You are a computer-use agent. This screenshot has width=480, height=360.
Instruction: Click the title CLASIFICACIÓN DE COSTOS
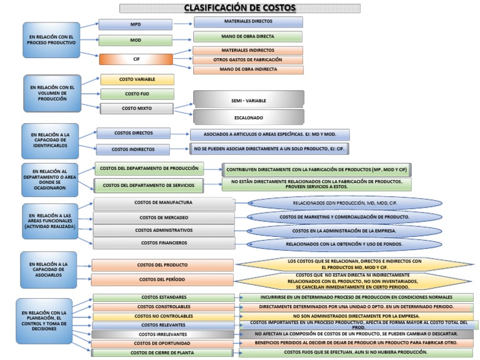pos(240,8)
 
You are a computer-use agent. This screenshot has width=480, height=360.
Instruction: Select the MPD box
pos(136,24)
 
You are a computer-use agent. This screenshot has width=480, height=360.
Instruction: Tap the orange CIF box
pos(136,59)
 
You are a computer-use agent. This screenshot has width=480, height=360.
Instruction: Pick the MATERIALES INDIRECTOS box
pos(247,50)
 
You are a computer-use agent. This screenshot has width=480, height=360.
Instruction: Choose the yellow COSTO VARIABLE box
pos(137,79)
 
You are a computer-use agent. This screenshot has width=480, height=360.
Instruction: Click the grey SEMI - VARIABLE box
pos(248,99)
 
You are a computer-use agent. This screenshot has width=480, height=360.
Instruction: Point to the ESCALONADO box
pos(248,117)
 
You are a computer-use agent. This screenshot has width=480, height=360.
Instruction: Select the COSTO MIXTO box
pos(137,108)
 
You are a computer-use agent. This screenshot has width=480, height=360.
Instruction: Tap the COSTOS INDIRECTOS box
pos(133,149)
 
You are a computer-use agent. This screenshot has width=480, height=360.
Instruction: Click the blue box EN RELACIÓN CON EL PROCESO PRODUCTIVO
pos(52,40)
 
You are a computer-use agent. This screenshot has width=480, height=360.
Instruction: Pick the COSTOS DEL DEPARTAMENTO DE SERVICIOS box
pos(148,185)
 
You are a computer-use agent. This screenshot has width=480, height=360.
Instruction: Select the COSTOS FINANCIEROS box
pos(164,242)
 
